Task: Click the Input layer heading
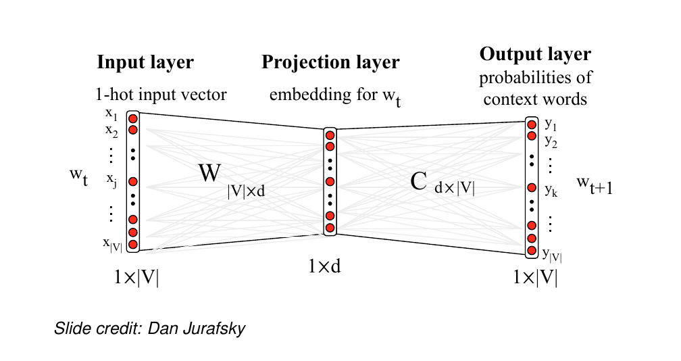(145, 63)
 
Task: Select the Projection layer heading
(330, 63)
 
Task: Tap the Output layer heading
(535, 54)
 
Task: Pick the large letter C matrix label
(418, 181)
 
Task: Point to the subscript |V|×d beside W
(247, 192)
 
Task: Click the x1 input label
(111, 116)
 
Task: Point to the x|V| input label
(113, 243)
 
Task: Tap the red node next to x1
(133, 118)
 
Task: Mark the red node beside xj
(133, 181)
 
